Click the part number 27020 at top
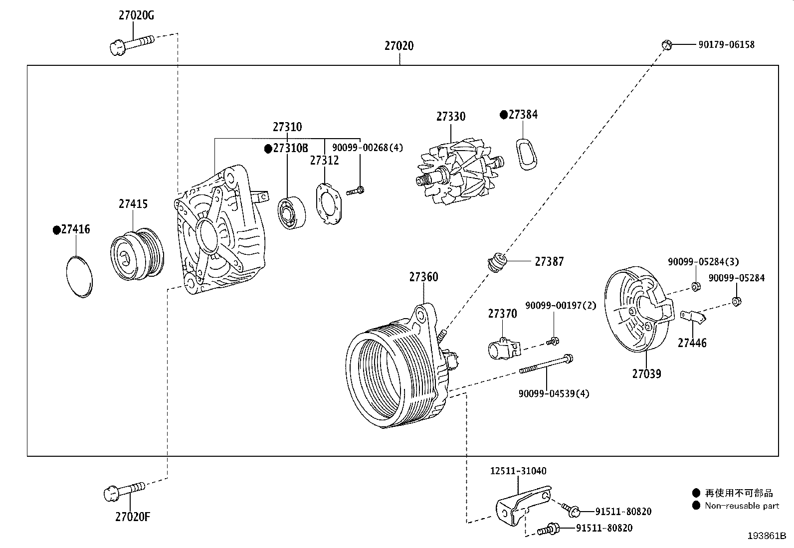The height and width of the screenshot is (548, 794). coord(398,46)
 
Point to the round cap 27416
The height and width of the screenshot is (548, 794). coord(79,276)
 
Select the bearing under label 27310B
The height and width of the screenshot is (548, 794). coord(290,213)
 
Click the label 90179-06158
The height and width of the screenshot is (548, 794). coord(726,45)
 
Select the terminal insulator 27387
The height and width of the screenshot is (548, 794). coord(497,262)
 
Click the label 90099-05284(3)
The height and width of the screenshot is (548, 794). coord(703,262)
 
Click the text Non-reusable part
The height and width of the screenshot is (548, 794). coord(742,506)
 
